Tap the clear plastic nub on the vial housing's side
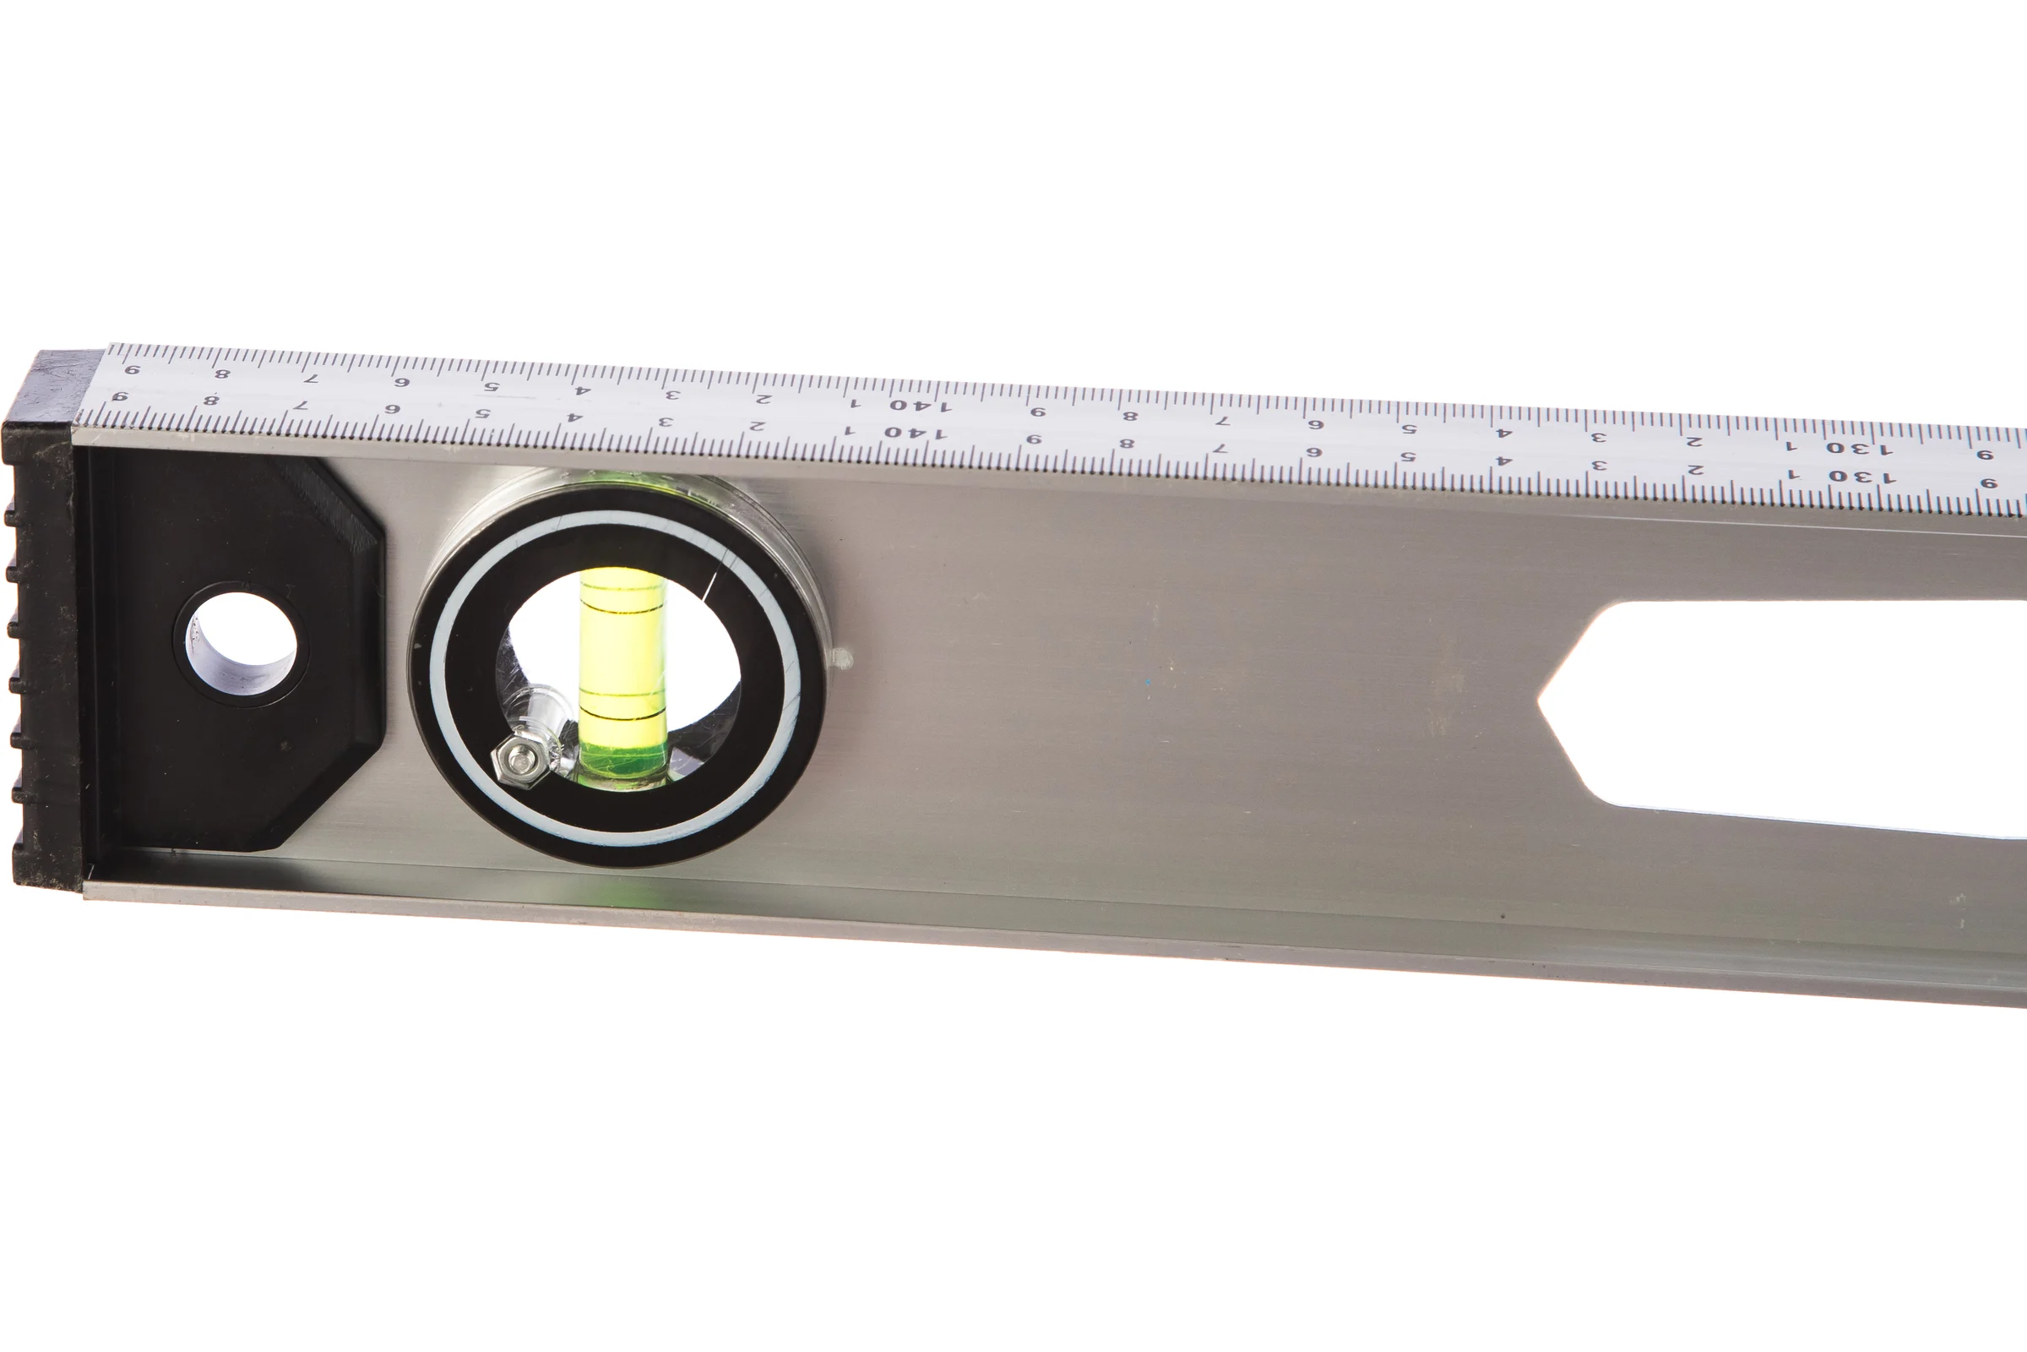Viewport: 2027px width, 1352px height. (x=843, y=660)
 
